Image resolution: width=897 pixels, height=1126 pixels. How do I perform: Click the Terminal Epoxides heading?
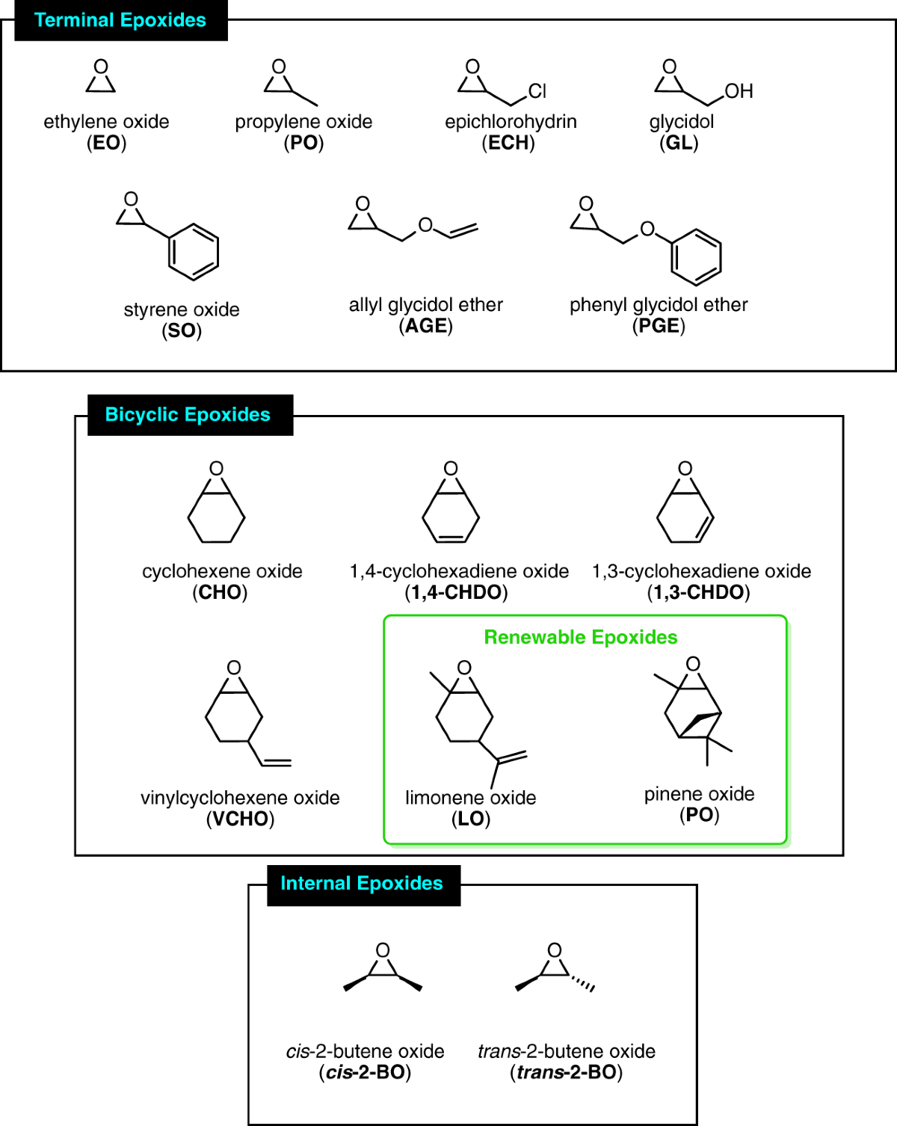click(x=120, y=20)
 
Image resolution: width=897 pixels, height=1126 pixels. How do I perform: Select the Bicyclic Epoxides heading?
click(x=188, y=415)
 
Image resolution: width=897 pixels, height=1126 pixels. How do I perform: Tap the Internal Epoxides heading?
click(x=362, y=884)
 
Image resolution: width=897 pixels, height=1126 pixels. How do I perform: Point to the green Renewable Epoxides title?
click(x=581, y=637)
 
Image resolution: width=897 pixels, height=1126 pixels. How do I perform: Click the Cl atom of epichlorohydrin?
click(x=537, y=91)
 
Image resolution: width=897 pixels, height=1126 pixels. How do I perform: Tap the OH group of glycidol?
click(x=739, y=91)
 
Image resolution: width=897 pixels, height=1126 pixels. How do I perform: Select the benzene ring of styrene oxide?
click(x=194, y=252)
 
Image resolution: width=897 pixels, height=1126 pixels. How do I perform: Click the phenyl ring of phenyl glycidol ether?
click(x=696, y=257)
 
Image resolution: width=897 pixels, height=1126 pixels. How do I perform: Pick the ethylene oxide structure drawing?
click(x=101, y=76)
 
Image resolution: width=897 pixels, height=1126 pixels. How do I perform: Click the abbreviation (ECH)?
click(x=508, y=143)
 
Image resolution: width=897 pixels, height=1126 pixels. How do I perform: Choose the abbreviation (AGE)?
click(x=425, y=326)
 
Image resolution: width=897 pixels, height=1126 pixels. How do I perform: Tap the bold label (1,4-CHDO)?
click(x=456, y=592)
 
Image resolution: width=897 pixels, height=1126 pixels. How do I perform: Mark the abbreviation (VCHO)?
click(x=240, y=819)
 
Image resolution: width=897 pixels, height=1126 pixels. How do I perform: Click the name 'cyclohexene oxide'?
click(x=222, y=571)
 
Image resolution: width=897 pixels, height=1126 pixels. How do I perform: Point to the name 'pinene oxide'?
click(x=699, y=794)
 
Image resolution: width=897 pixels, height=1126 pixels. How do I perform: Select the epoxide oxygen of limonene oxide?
click(x=464, y=668)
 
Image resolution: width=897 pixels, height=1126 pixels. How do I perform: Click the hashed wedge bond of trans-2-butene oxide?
click(x=583, y=984)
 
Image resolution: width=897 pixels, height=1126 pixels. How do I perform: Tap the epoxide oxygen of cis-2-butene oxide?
click(x=383, y=950)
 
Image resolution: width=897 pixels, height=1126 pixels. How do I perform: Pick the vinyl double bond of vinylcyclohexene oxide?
click(x=277, y=763)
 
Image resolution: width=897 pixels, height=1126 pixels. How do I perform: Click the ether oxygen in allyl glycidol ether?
click(x=425, y=225)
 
